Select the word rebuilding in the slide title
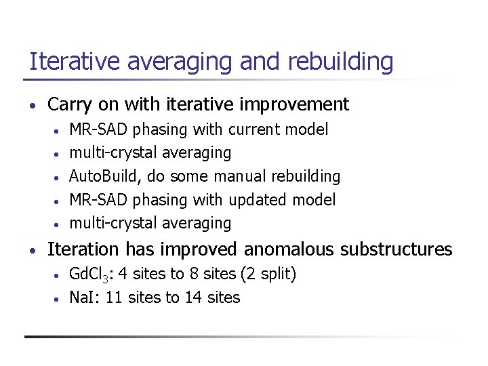pyautogui.click(x=340, y=62)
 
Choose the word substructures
pyautogui.click(x=396, y=249)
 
